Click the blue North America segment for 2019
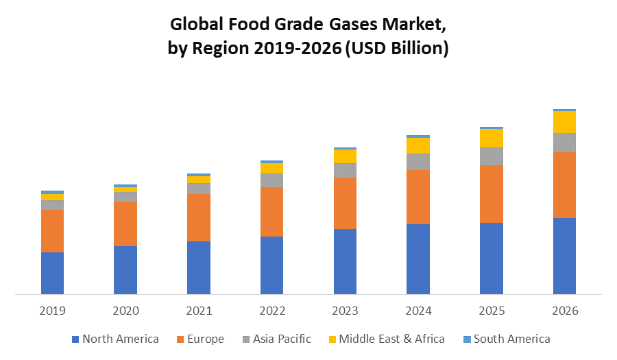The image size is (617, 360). point(52,273)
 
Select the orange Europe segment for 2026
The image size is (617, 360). point(564,184)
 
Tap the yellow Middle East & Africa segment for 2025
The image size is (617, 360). point(491,138)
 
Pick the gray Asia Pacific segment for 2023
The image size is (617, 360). point(345,170)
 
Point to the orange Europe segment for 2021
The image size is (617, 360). point(199,217)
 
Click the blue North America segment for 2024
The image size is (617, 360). point(418,259)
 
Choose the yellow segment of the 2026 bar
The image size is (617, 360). point(564,121)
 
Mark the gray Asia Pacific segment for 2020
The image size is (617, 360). point(125,197)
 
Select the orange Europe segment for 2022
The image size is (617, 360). point(271,212)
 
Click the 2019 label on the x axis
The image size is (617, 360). point(52,311)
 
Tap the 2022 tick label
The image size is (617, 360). point(271,311)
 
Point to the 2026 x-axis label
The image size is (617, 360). point(564,311)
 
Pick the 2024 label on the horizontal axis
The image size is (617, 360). point(418,311)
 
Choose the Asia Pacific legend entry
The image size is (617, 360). point(276,339)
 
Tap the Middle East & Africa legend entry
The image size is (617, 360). point(386,339)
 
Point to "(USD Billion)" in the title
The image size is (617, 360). point(396,49)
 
